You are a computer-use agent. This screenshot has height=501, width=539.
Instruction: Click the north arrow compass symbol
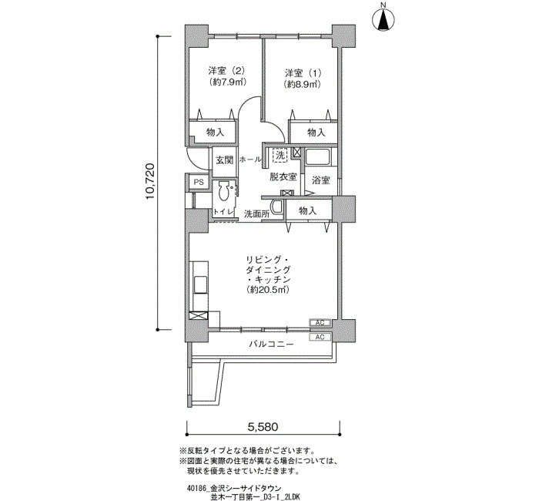pos(383,20)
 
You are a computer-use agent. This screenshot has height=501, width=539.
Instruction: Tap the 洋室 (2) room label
pos(226,71)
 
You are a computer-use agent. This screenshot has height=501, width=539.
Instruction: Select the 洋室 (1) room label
pos(303,73)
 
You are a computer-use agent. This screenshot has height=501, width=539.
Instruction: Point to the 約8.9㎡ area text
pos(302,84)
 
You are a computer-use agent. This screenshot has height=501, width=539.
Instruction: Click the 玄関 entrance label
pos(224,160)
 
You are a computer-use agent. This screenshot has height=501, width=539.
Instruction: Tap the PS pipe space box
pos(199,182)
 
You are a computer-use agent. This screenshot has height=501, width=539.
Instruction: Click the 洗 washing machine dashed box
pos(280,155)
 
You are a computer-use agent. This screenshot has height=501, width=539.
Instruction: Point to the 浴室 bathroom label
pos(321,180)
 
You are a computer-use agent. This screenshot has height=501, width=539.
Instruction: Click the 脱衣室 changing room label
pos(283,177)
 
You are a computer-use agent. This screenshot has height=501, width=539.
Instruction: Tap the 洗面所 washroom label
pos(256,214)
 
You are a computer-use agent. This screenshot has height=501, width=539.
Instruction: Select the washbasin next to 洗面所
pos(276,207)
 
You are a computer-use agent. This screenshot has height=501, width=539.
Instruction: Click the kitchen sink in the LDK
pos(199,284)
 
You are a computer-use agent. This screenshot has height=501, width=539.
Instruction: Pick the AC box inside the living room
pos(320,323)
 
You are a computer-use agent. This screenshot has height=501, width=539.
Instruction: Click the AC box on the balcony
pos(320,338)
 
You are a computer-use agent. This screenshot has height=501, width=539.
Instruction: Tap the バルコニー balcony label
pos(272,344)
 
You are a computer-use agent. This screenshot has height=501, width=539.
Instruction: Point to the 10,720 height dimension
pos(151,181)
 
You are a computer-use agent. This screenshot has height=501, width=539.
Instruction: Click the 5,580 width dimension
pos(263,427)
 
